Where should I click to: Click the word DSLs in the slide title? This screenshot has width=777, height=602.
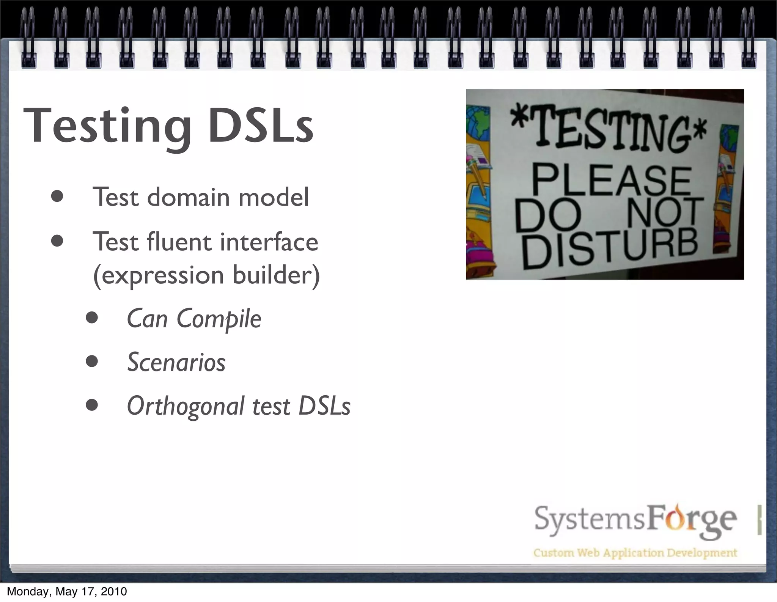[261, 126]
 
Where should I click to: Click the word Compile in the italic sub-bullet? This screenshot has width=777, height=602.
[219, 319]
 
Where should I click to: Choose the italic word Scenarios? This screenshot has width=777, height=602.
[176, 362]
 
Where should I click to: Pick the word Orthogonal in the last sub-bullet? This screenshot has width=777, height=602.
[186, 406]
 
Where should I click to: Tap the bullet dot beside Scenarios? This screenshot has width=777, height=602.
[92, 362]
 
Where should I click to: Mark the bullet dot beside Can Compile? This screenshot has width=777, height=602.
[92, 318]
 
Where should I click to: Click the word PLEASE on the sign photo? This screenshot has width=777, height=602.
[611, 181]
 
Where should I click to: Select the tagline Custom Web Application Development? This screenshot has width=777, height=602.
[635, 552]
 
